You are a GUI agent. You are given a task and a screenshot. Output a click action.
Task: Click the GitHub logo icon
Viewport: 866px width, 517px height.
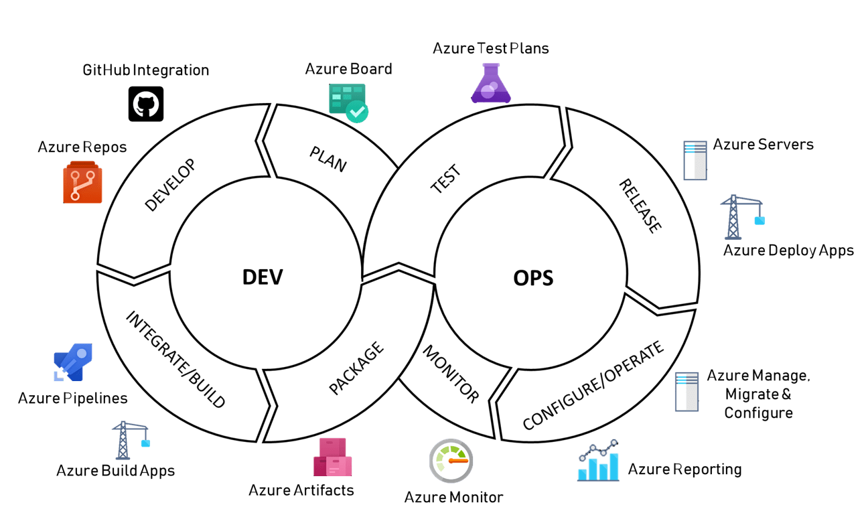point(146,104)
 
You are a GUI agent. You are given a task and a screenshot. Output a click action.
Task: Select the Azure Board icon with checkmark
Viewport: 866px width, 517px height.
point(348,102)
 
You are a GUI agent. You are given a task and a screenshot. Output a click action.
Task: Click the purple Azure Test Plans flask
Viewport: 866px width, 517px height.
point(491,84)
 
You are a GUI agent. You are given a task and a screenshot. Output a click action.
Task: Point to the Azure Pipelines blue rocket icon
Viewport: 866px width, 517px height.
point(73,362)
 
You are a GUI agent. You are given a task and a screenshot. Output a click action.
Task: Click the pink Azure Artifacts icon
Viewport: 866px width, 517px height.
point(333,457)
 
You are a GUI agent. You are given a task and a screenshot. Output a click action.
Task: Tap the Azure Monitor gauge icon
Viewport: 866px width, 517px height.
point(451,461)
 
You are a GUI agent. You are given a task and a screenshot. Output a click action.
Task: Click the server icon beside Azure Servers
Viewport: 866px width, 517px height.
point(695,160)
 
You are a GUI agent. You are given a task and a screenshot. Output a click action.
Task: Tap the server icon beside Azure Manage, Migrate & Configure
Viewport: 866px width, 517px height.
point(687,392)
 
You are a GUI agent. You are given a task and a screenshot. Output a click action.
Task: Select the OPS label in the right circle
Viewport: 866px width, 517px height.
point(533,277)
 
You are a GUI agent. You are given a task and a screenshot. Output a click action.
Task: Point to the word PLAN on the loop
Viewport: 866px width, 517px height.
point(328,159)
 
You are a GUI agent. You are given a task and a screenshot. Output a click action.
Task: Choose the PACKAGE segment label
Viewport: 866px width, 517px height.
point(357,368)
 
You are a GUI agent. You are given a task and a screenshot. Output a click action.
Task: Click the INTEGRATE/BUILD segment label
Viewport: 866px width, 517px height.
point(176,360)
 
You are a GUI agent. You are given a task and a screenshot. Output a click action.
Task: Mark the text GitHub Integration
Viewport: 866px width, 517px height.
point(146,70)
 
